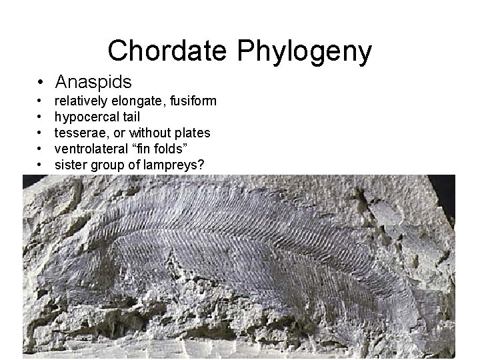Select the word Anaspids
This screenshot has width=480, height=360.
pos(93,82)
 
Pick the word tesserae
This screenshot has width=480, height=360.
pos(80,133)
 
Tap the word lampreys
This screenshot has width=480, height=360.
pos(173,165)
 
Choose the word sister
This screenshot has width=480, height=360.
pos(69,164)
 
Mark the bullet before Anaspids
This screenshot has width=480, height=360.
pos(41,83)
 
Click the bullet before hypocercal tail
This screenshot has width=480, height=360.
pos(41,117)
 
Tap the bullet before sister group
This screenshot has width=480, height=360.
pos(41,164)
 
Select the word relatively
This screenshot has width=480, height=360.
pos(79,101)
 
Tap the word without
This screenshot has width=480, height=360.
pos(151,133)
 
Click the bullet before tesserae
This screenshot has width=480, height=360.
pos(41,133)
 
